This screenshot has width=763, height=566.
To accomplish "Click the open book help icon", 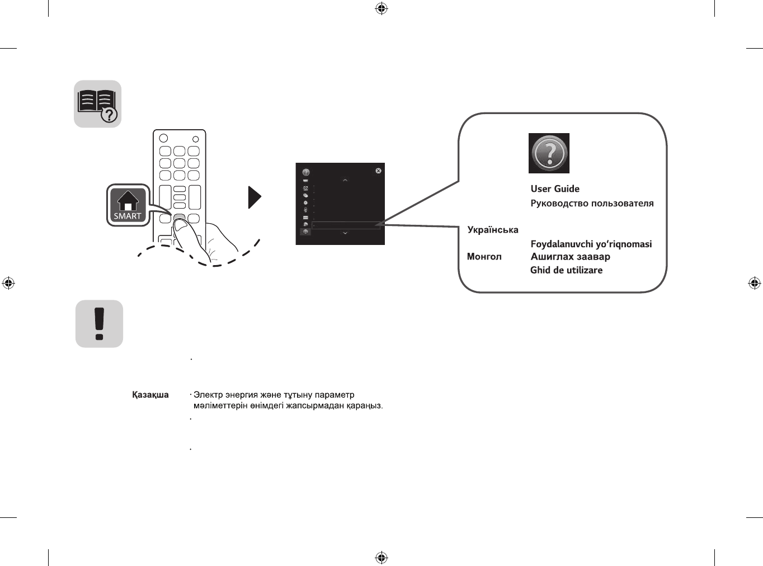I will pos(97,104).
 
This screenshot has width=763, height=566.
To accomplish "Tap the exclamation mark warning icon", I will pos(99,324).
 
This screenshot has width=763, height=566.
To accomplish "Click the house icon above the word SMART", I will pos(128,200).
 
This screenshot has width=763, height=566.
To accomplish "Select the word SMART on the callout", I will pos(128,216).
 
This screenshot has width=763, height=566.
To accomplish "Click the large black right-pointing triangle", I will pos(255,197).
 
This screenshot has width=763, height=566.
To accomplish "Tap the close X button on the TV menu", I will pos(378,171).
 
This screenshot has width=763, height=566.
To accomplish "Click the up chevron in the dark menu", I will pos(345,180).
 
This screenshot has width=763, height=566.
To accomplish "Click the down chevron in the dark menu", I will pos(345,233).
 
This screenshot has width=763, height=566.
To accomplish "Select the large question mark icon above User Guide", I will pos(549,153).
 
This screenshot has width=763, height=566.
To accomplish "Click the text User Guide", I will pos(555,189).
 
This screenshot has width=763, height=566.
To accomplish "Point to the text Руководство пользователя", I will pos(592,204).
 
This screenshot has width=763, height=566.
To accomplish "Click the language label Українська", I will pos(493,230).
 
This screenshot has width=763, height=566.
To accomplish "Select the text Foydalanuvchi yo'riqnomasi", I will pos(591,244).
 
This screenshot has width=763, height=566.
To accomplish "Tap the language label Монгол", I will pos(484,257).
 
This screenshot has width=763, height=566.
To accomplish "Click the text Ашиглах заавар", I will pos(570,257).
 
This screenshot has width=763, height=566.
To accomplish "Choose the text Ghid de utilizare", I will pos(566,270).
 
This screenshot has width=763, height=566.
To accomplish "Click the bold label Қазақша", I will pos(150,395).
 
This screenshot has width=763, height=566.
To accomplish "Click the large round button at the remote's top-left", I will pos(163,138).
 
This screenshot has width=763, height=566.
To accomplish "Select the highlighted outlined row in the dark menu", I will pos(346,225).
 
